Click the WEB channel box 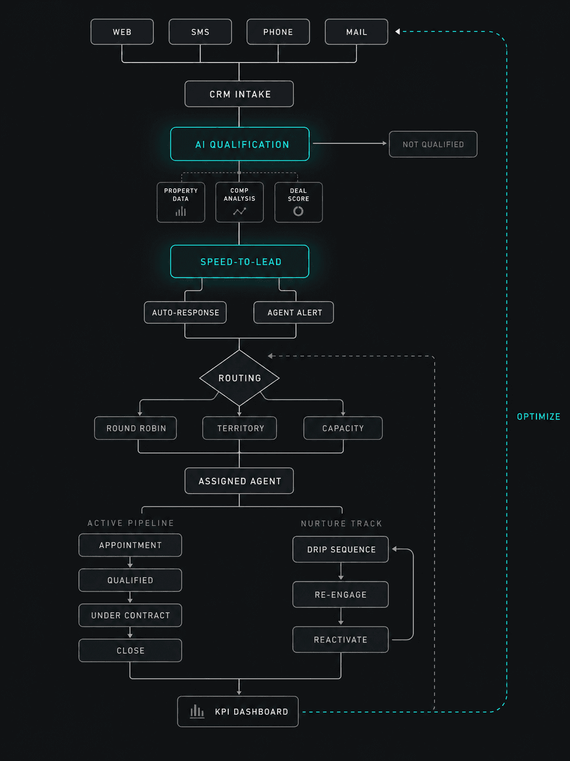[122, 32]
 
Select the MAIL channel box [356, 32]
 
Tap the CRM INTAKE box [239, 94]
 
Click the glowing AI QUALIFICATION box [240, 144]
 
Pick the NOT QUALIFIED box [433, 144]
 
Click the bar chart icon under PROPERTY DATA [181, 211]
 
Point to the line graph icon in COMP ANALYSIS [239, 211]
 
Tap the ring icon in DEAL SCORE [298, 211]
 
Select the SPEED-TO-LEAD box [240, 261]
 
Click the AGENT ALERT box [294, 312]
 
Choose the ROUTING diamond [239, 378]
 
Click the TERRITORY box [239, 428]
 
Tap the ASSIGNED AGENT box [239, 481]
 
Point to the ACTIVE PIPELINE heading [131, 523]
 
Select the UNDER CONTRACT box [130, 615]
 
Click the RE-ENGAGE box [341, 594]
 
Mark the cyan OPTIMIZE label [539, 416]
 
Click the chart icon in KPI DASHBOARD [197, 711]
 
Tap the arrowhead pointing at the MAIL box [398, 32]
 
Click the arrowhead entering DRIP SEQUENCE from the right [395, 549]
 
